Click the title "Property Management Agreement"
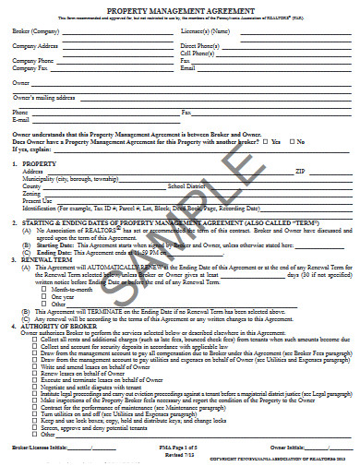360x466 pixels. (180, 7)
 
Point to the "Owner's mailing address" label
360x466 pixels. (41, 95)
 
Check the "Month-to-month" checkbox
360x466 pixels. (47, 290)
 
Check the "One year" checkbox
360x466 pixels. (47, 296)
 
